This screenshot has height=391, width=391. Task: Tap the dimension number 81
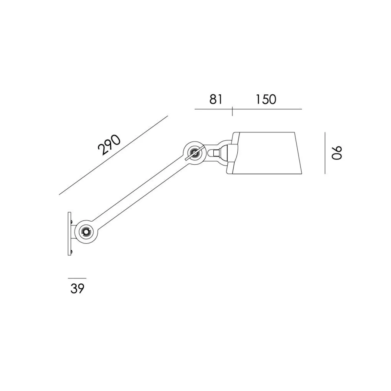(216, 99)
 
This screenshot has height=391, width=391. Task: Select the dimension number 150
(266, 99)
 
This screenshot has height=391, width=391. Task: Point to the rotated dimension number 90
(337, 153)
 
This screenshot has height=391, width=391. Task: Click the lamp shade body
(268, 153)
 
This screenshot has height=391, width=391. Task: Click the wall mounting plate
(69, 234)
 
